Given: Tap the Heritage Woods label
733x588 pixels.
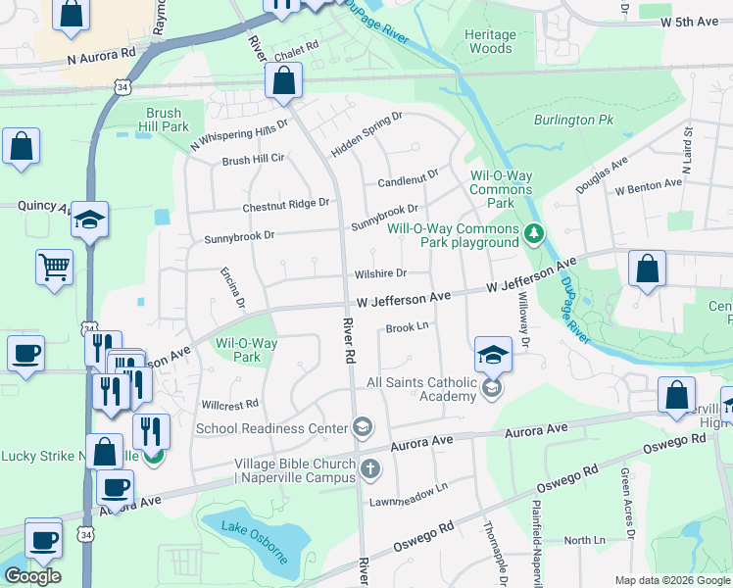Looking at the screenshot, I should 489,41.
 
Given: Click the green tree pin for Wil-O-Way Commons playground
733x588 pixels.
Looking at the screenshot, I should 533,233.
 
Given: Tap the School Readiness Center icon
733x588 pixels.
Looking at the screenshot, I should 362,426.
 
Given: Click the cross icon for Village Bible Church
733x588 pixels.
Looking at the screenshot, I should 370,468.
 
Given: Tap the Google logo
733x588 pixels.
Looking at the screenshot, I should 32,576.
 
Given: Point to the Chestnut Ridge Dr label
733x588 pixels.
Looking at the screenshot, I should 286,205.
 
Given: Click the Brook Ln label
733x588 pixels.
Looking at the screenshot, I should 408,327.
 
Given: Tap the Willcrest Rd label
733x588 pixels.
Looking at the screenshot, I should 229,404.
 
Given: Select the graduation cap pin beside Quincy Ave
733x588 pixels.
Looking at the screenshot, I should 89,220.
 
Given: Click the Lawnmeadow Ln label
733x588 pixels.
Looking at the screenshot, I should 408,493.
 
